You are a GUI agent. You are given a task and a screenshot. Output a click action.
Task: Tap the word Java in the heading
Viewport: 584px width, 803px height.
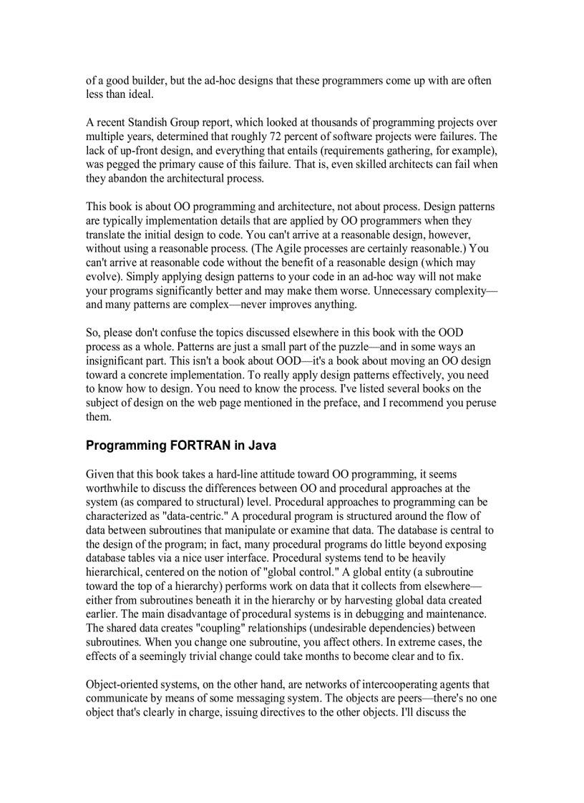[x=262, y=445]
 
